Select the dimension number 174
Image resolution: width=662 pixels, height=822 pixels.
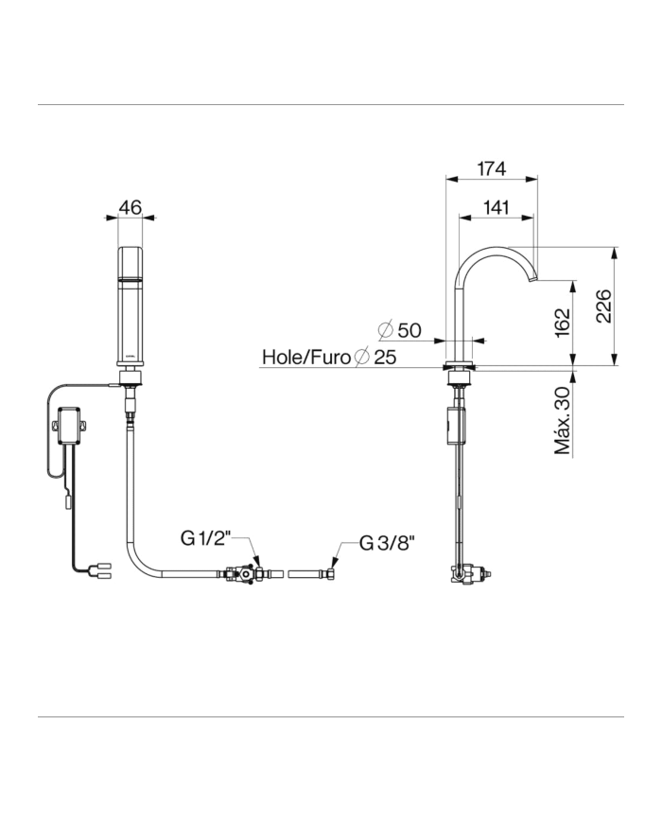491,168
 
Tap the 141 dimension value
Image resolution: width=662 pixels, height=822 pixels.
496,206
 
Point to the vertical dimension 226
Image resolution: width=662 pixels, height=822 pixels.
603,305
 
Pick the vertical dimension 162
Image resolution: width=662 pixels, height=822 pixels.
562,322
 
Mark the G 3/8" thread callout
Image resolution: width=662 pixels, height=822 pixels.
388,544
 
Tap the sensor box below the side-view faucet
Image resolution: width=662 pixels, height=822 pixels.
456,422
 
